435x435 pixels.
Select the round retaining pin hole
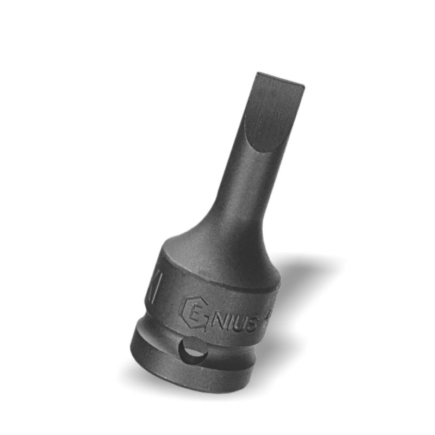[195, 353]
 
